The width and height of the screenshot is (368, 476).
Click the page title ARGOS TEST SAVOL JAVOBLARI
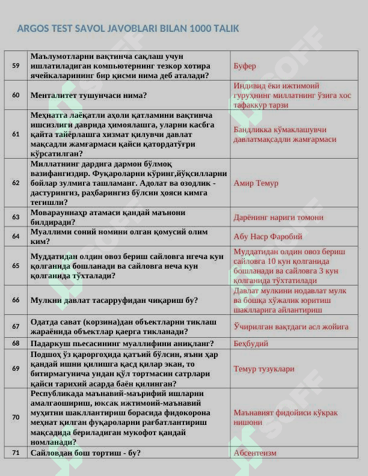(128, 28)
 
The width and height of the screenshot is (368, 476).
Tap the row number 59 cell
(16, 66)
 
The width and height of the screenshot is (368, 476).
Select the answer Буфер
(245, 66)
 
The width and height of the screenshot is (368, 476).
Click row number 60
(16, 95)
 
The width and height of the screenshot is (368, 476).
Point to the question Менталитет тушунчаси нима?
(89, 95)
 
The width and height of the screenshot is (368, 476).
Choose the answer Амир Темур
(256, 183)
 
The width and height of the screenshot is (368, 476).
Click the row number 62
(16, 183)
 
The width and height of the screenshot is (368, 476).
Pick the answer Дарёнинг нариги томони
(278, 218)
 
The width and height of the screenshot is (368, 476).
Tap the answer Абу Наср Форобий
(268, 237)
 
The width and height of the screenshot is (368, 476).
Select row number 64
(16, 236)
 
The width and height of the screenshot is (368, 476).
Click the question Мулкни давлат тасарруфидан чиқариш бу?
(114, 300)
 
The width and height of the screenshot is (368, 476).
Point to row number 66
(16, 300)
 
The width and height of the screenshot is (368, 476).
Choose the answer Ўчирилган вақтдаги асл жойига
(291, 327)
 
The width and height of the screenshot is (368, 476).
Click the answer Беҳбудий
(251, 344)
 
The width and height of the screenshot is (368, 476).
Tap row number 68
(16, 343)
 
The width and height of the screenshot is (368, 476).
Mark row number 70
(16, 417)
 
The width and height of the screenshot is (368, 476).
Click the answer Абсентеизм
(255, 453)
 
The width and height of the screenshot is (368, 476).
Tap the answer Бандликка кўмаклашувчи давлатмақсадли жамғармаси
(284, 135)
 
